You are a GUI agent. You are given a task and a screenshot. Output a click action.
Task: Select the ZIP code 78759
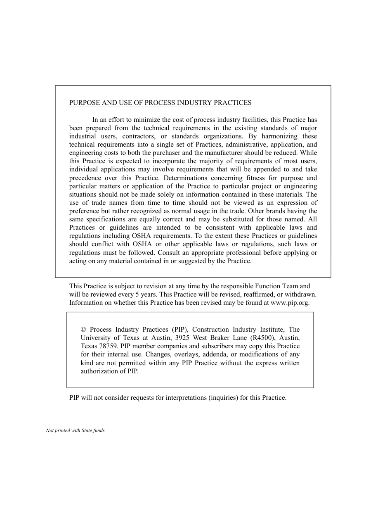109,346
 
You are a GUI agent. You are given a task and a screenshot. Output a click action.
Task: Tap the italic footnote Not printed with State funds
75,430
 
